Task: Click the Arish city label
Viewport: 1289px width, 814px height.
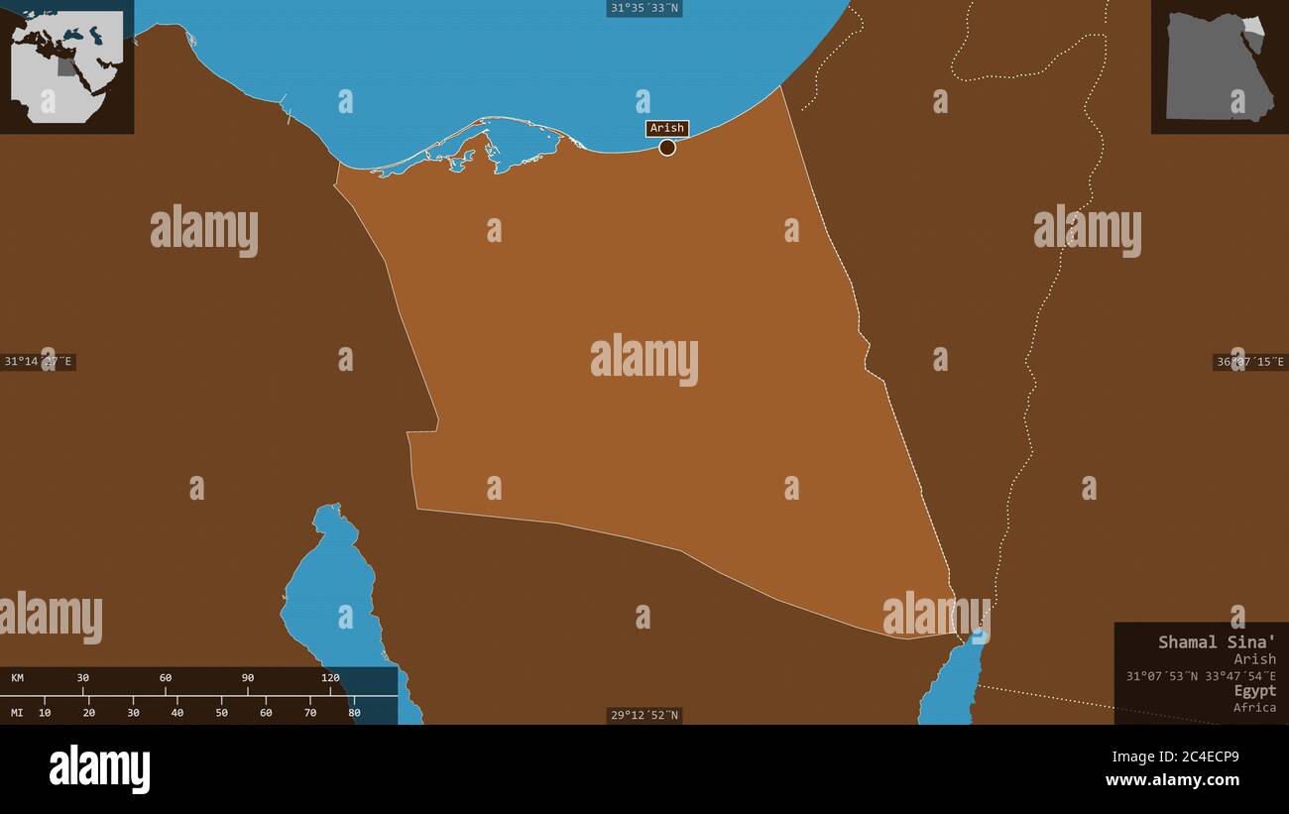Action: coord(667,128)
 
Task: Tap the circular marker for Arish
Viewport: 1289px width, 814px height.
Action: coord(667,148)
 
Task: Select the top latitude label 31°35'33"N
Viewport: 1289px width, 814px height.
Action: coord(644,8)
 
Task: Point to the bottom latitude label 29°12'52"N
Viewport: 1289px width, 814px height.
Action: coord(644,715)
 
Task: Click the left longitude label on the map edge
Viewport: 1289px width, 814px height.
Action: coord(38,362)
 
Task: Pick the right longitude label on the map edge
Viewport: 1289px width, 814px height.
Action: coord(1249,362)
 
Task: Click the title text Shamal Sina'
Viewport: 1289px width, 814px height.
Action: coord(1217,641)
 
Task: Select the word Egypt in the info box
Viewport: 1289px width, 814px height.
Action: coord(1254,690)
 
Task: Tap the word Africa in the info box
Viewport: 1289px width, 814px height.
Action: coord(1254,707)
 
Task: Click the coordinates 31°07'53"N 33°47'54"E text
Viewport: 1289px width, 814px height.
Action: coord(1201,676)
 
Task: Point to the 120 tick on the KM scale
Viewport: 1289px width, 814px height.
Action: coord(330,678)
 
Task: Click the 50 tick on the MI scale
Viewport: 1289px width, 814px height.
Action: coord(221,712)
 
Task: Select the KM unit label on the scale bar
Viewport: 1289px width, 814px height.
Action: coord(18,678)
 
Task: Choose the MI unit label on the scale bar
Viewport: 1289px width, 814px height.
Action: coord(18,712)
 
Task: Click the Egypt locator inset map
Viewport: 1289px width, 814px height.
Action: coord(1219,66)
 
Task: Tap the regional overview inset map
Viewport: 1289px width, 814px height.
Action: coord(66,66)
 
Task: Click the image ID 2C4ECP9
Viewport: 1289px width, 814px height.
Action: coord(1205,756)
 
